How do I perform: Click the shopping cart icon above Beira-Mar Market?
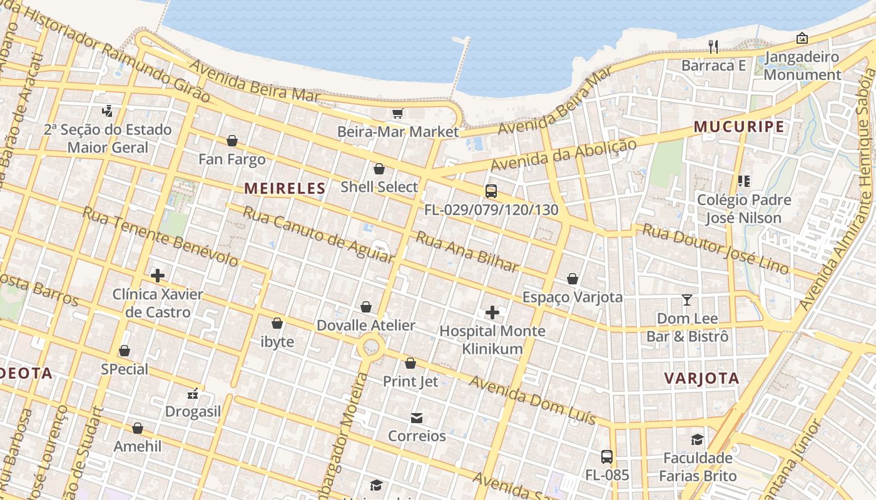[397, 113]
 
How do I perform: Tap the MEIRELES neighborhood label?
[285, 188]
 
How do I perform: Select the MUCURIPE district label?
[738, 127]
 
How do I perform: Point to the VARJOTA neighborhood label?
[701, 378]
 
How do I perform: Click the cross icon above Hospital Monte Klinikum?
[492, 312]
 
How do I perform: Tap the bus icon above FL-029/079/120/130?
[491, 191]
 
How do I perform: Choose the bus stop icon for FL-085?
[606, 456]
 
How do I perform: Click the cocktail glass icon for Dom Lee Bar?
[686, 300]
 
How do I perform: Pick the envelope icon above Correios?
[417, 417]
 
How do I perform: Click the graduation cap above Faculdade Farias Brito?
[697, 439]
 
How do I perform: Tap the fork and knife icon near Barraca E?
[713, 46]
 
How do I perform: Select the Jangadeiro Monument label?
[802, 66]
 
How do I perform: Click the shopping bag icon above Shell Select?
[379, 169]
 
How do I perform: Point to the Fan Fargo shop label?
[232, 159]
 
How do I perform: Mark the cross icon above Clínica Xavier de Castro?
[158, 275]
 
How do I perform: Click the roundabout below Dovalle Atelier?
[370, 346]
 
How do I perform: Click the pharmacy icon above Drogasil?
[193, 394]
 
